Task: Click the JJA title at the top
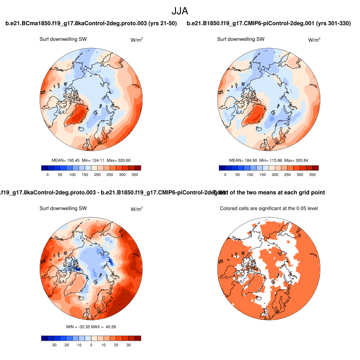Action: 180,10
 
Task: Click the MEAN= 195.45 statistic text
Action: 66,160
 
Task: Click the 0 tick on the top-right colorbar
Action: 225,174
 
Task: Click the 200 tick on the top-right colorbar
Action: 275,174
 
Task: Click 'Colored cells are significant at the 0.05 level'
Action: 269,208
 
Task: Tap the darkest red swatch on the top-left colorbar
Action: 138,168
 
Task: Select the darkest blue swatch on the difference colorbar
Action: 44,338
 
